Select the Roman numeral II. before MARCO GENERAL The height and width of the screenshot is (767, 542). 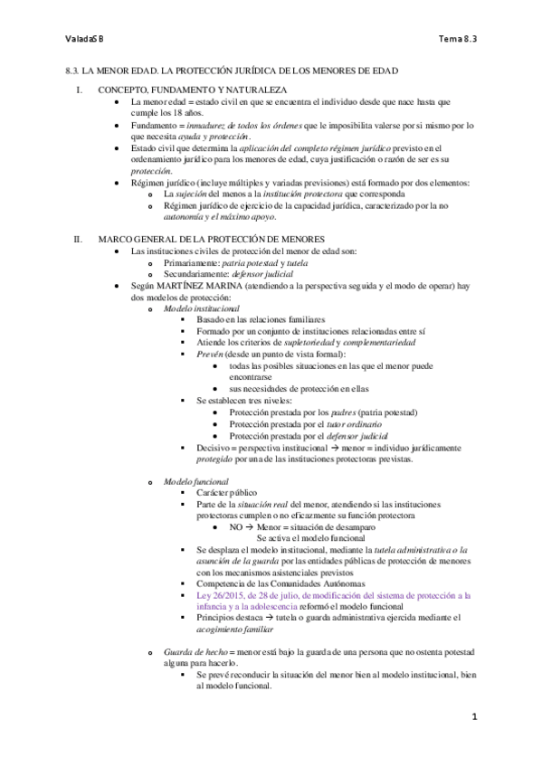coord(78,239)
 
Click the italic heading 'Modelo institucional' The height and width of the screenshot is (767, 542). coord(195,308)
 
